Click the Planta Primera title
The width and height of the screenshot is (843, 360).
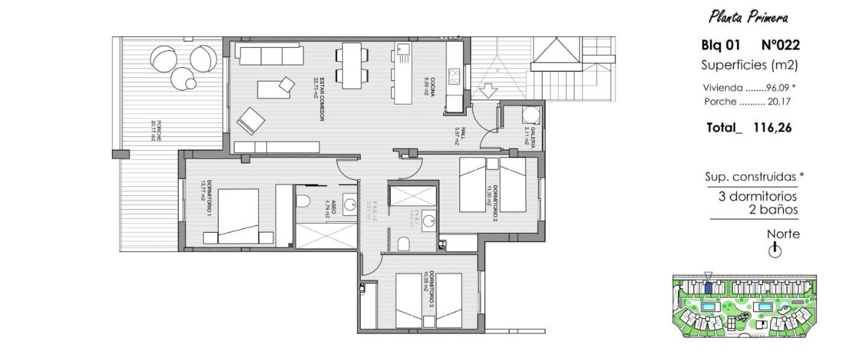coord(748,17)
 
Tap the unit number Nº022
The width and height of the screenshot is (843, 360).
coord(780,45)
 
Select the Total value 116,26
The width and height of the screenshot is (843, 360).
coord(772,128)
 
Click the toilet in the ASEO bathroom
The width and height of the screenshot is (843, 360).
coord(303,202)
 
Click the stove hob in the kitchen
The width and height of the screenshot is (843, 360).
coord(454,77)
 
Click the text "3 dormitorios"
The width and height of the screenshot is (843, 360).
coord(757,196)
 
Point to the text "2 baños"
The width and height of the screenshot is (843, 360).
coord(773,209)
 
